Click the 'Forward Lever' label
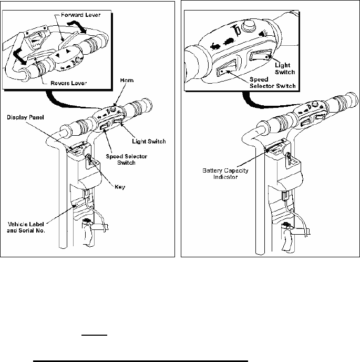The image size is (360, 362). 81,15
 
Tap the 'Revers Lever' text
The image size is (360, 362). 69,83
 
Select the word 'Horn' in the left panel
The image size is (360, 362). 127,81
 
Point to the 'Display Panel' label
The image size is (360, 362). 25,117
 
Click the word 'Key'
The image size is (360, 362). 120,187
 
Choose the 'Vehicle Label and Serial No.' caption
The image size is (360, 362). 26,227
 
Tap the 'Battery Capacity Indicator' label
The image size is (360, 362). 225,174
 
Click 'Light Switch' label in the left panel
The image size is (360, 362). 149,142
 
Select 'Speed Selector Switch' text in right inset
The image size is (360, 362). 272,83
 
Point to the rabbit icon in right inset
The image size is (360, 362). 215,47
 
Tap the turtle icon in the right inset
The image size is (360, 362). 228,42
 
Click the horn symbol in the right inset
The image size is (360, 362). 236,32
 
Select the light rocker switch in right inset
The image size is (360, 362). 260,55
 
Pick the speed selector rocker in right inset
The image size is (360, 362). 227,68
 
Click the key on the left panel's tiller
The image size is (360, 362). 90,159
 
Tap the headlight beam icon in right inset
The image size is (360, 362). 263,34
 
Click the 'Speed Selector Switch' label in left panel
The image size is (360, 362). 126,159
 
